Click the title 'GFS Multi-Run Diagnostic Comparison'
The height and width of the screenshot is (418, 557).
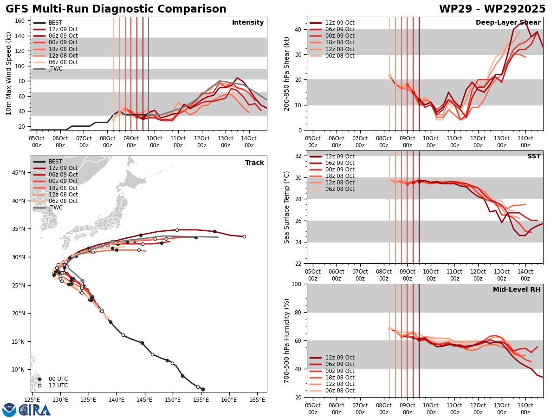pyautogui.click(x=116, y=9)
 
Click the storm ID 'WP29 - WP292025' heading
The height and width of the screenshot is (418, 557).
pyautogui.click(x=492, y=9)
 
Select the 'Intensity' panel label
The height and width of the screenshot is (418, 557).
pyautogui.click(x=248, y=23)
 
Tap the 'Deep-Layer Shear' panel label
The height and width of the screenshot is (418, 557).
pyautogui.click(x=508, y=23)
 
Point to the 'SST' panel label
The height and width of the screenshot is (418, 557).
pyautogui.click(x=534, y=157)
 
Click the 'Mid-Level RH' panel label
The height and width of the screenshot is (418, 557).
pyautogui.click(x=517, y=290)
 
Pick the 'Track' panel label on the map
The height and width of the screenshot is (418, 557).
pyautogui.click(x=254, y=163)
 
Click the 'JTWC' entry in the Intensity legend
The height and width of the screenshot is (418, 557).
pyautogui.click(x=55, y=69)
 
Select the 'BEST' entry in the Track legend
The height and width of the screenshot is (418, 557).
pyautogui.click(x=55, y=162)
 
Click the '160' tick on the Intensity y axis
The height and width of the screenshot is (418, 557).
pyautogui.click(x=21, y=21)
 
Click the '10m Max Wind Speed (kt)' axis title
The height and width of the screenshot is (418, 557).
pyautogui.click(x=9, y=73)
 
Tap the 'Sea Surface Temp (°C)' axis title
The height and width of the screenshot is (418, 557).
pyautogui.click(x=287, y=207)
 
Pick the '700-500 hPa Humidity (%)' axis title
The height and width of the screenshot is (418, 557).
pyautogui.click(x=287, y=340)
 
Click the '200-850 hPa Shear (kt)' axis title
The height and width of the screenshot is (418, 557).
pyautogui.click(x=287, y=73)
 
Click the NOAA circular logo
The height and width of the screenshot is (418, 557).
pyautogui.click(x=9, y=410)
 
